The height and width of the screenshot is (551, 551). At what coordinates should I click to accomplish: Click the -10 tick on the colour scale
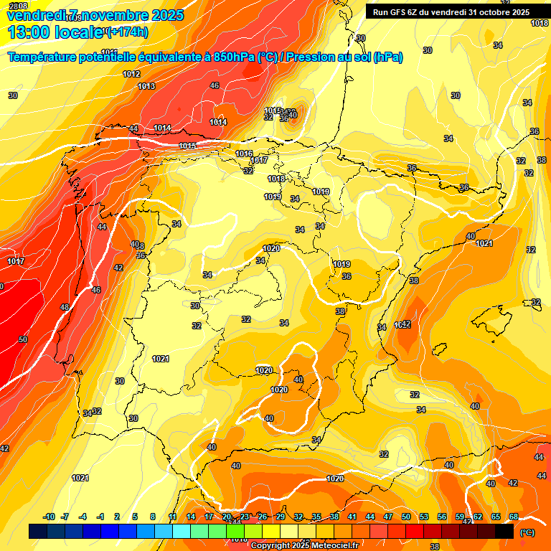coord(49,517)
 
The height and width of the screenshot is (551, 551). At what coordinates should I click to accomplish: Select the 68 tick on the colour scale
coord(514,517)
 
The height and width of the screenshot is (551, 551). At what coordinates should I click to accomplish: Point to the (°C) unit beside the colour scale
coord(527,532)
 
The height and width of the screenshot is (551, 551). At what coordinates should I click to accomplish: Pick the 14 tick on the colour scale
coord(191,517)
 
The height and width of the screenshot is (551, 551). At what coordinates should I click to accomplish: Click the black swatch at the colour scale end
coord(504,532)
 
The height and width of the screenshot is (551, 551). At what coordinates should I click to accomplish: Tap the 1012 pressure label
coord(131,74)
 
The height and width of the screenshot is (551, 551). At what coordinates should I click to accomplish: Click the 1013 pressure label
coord(146,86)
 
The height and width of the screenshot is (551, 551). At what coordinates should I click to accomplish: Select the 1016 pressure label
coord(244,154)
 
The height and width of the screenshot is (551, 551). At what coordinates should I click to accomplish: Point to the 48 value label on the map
coord(65,307)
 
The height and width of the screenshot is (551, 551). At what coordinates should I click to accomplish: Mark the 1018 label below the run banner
coord(540,23)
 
